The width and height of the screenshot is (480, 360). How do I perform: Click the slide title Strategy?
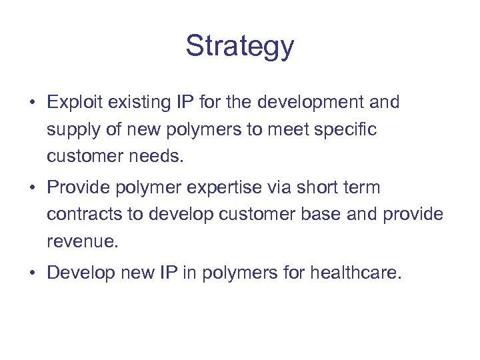pyautogui.click(x=239, y=47)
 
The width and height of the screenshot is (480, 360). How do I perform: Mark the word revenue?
pyautogui.click(x=82, y=241)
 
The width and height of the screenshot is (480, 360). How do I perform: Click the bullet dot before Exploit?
pyautogui.click(x=31, y=103)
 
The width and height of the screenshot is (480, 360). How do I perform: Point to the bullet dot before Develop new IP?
pyautogui.click(x=31, y=273)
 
